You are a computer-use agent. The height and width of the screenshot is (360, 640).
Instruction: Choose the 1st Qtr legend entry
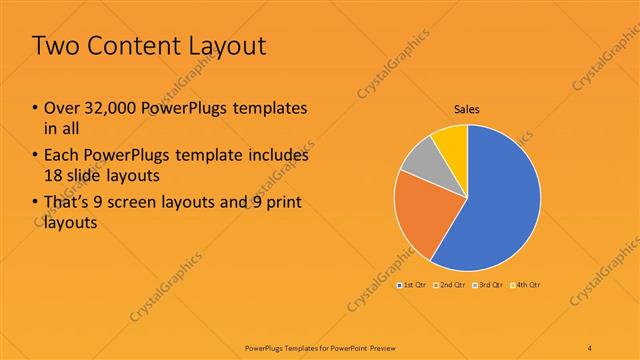pos(413,286)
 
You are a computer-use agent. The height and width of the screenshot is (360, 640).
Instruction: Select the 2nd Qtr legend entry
pos(451,286)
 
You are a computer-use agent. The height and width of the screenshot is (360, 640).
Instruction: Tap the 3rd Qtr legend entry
pos(488,286)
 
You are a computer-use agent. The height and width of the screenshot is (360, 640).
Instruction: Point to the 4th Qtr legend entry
pos(526,286)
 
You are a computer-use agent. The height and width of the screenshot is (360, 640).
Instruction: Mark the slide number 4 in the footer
pos(590,346)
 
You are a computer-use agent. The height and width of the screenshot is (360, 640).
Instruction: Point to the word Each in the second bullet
pos(59,156)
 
